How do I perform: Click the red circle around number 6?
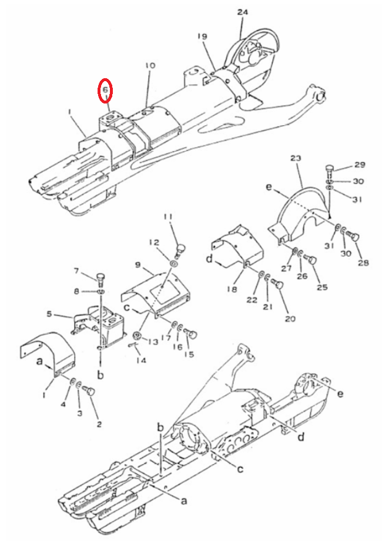pyautogui.click(x=105, y=91)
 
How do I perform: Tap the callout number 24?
pyautogui.click(x=242, y=12)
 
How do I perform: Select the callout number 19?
pyautogui.click(x=202, y=36)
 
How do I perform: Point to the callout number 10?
pyautogui.click(x=150, y=65)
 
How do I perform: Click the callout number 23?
pyautogui.click(x=296, y=158)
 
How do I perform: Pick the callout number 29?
pyautogui.click(x=360, y=165)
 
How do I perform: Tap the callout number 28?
pyautogui.click(x=363, y=263)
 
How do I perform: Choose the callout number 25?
pyautogui.click(x=322, y=287)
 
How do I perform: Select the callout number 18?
pyautogui.click(x=232, y=289)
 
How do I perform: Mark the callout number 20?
pyautogui.click(x=290, y=318)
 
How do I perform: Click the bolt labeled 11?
pyautogui.click(x=180, y=249)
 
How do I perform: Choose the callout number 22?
pyautogui.click(x=252, y=299)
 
